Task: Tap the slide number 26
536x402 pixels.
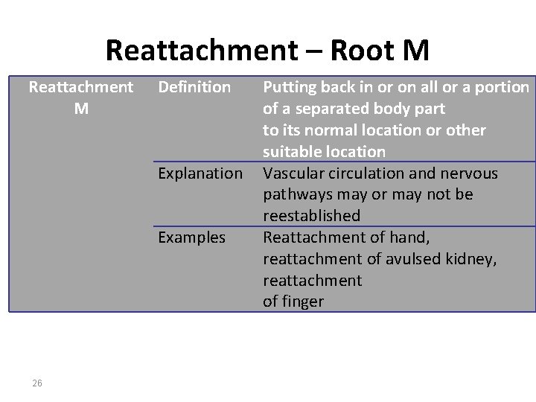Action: [x=37, y=383]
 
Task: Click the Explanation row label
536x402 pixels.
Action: [x=200, y=173]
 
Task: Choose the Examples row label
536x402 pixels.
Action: [x=191, y=237]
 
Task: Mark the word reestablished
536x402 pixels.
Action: [x=311, y=216]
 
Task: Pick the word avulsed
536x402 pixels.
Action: [x=398, y=259]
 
